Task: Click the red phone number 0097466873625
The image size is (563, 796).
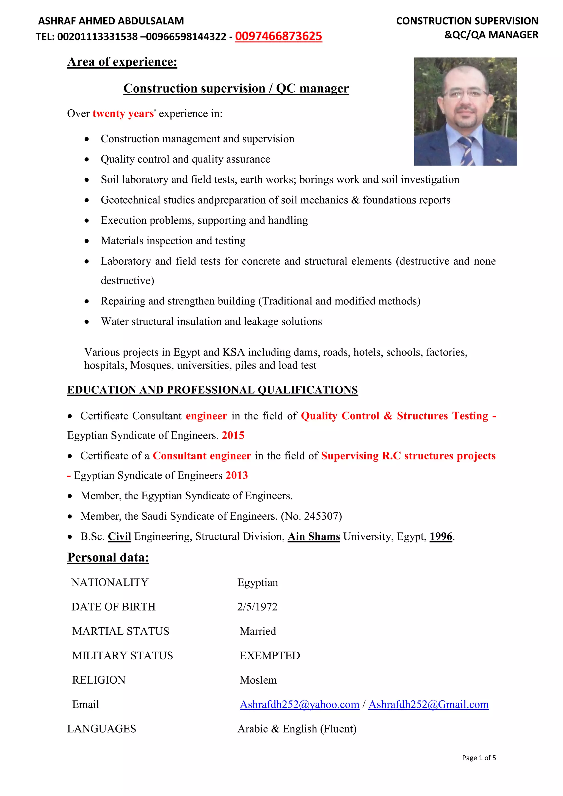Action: point(278,36)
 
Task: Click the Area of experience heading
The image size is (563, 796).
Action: point(122,62)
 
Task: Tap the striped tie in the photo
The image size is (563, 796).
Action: point(467,150)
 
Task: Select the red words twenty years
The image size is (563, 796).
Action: point(123,114)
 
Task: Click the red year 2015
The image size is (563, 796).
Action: point(233,436)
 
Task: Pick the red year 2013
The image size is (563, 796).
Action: point(237,475)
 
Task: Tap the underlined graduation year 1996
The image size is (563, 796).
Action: point(441,537)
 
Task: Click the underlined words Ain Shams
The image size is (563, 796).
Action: point(314,537)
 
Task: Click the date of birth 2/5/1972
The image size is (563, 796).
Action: point(257,607)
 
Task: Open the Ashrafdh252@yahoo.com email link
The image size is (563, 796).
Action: point(299,705)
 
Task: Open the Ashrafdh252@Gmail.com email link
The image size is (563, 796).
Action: point(428,705)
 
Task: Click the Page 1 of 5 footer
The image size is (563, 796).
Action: point(479,758)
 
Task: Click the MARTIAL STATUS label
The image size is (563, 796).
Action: point(120,631)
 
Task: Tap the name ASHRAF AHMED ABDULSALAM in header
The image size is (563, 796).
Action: point(111,21)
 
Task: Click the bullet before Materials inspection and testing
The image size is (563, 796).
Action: point(87,241)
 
